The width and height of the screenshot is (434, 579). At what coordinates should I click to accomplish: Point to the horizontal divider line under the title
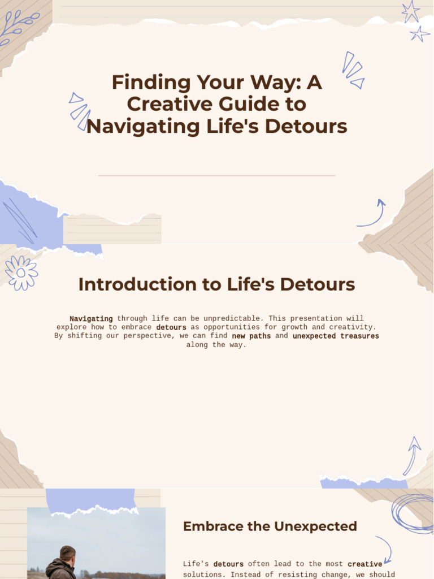pos(216,176)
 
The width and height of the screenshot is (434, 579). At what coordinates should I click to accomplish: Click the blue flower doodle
pos(21,273)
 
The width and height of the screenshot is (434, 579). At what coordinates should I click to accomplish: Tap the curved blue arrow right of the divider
pos(373,214)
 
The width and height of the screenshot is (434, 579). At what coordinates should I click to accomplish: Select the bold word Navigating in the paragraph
pos(91,319)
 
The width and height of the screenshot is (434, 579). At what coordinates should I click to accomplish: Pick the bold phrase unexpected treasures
pos(336,336)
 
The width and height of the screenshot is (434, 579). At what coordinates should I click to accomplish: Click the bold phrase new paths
pos(251,336)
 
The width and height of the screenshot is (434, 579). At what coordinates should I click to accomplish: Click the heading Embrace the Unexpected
pos(270,526)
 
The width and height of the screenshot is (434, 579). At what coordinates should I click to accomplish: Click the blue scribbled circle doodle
pos(413,513)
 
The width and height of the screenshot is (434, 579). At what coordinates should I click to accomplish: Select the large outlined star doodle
pos(411,11)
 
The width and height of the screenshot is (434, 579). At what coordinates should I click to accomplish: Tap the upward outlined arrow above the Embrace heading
pos(412,455)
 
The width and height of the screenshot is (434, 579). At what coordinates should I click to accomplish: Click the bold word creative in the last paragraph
pos(364,564)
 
